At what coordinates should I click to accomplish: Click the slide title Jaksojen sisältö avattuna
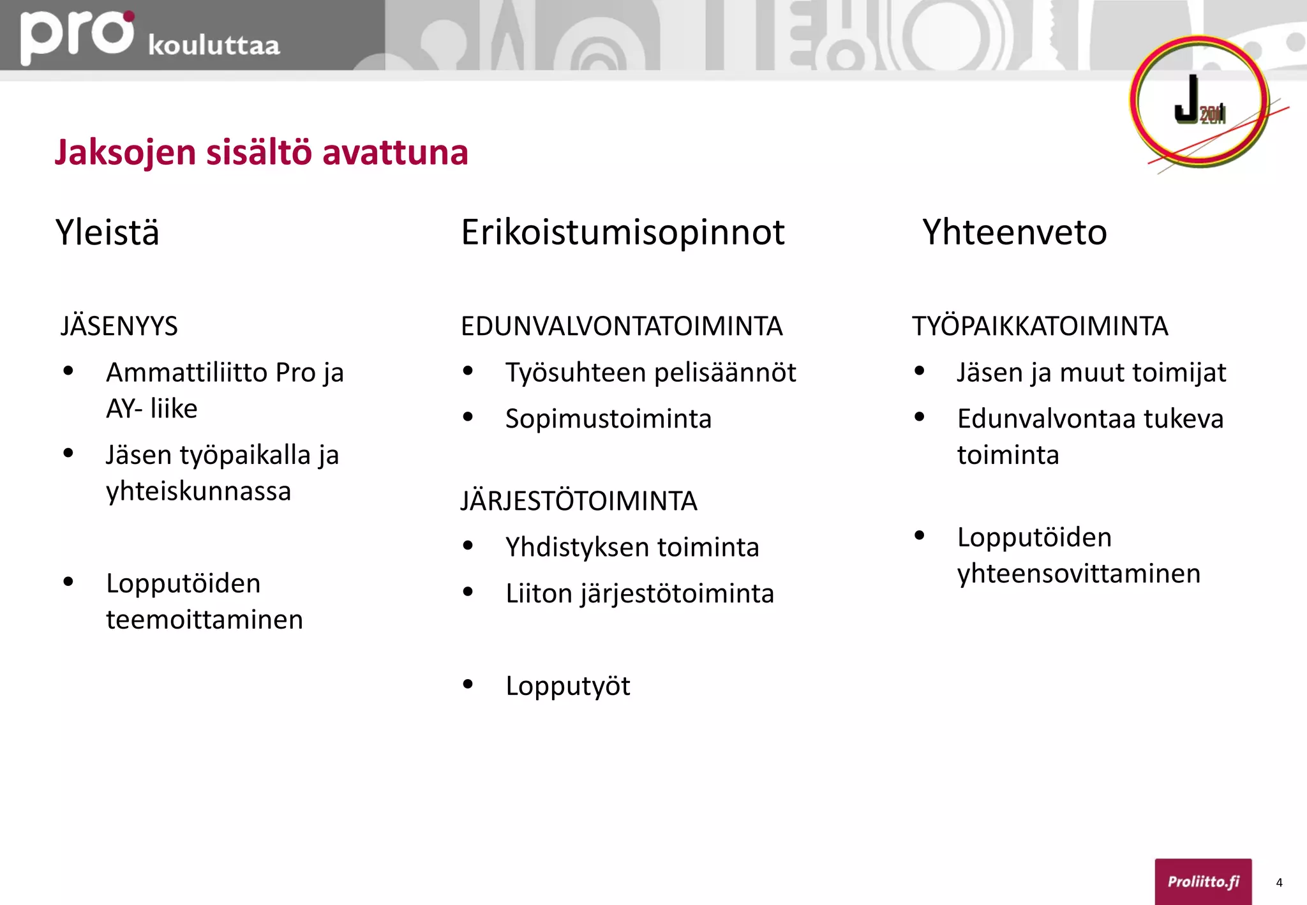click(x=261, y=153)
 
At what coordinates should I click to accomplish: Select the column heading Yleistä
click(x=107, y=232)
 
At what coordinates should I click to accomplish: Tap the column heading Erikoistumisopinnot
click(x=622, y=232)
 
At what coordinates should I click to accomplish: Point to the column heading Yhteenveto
click(x=1014, y=232)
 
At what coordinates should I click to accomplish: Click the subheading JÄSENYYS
click(x=119, y=326)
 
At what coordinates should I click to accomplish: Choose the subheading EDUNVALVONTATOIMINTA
click(x=622, y=326)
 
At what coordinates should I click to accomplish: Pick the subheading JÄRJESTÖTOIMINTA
click(x=579, y=501)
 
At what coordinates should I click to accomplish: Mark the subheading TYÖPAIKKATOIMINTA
click(x=1040, y=326)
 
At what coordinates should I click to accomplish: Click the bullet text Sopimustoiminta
click(x=608, y=419)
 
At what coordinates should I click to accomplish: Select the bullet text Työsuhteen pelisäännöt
click(x=650, y=373)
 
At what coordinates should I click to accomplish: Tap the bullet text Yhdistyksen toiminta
click(x=632, y=548)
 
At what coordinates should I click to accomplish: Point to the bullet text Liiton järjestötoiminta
click(x=639, y=594)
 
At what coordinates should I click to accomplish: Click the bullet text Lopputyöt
click(x=567, y=687)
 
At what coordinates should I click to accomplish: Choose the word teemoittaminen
click(x=204, y=620)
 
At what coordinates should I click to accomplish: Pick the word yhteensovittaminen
click(x=1079, y=574)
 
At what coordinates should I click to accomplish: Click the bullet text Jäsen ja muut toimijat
click(x=1091, y=373)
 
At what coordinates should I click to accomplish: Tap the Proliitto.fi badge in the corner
click(x=1203, y=881)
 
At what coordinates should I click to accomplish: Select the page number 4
click(x=1279, y=883)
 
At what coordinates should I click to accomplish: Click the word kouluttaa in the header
click(x=214, y=46)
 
